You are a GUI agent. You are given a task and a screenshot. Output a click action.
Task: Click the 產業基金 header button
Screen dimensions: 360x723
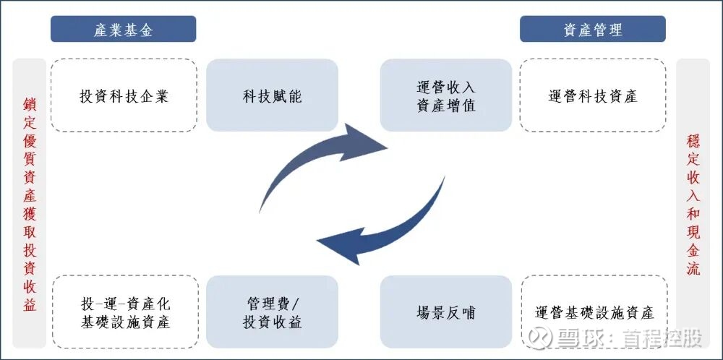pos(123,29)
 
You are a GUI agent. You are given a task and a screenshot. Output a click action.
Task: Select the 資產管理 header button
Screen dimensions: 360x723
pos(592,29)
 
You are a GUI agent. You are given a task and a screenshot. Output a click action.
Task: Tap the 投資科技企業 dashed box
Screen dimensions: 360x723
pos(123,95)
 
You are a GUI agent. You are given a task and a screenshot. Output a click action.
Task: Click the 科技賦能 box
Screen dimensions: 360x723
pos(272,95)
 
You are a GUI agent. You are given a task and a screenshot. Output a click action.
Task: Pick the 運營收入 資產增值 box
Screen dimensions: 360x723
pos(445,95)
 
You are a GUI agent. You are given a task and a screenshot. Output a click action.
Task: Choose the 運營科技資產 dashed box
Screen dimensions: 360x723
pos(592,95)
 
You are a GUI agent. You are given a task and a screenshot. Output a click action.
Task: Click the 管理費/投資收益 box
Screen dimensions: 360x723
pos(272,313)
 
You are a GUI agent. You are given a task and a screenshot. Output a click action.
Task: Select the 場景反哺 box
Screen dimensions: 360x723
pos(445,313)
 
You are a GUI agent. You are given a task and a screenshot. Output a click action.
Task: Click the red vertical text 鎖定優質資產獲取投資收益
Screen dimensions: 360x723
pos(30,203)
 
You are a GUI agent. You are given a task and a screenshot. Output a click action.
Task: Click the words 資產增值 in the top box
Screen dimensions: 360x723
pos(445,105)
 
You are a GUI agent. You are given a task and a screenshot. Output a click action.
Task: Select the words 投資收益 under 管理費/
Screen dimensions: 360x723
pos(272,322)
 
